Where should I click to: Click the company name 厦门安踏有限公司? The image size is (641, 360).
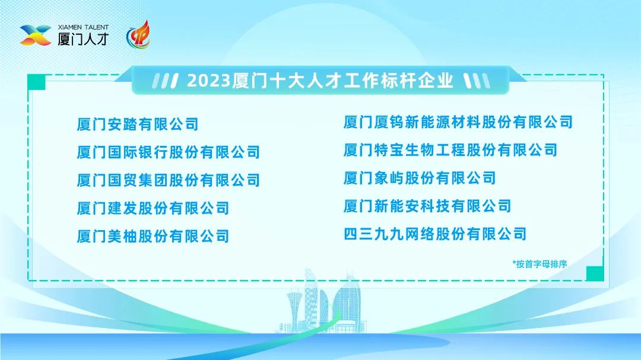pyautogui.click(x=138, y=124)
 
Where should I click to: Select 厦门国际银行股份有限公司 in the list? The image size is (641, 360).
pyautogui.click(x=169, y=152)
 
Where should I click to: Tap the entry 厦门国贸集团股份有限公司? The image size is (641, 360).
pyautogui.click(x=169, y=180)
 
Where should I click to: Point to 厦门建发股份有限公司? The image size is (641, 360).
pyautogui.click(x=153, y=208)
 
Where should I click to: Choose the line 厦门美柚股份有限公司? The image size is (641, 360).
pyautogui.click(x=153, y=236)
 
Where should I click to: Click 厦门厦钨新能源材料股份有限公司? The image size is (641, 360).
pyautogui.click(x=458, y=122)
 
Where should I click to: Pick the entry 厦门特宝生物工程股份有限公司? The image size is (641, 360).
pyautogui.click(x=450, y=150)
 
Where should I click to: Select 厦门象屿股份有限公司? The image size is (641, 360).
pyautogui.click(x=420, y=178)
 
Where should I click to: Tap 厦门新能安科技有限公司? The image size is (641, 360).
pyautogui.click(x=427, y=206)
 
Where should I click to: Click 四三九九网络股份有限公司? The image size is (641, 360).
pyautogui.click(x=435, y=234)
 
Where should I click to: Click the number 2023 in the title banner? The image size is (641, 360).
pyautogui.click(x=209, y=81)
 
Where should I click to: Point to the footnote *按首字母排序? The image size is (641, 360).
pyautogui.click(x=540, y=264)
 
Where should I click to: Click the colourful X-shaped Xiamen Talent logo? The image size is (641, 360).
pyautogui.click(x=36, y=35)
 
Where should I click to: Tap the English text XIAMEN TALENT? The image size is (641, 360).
pyautogui.click(x=84, y=27)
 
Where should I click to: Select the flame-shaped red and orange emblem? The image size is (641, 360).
pyautogui.click(x=138, y=35)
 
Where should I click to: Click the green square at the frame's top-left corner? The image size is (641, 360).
pyautogui.click(x=36, y=82)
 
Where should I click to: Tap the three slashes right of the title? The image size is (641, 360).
pyautogui.click(x=477, y=81)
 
